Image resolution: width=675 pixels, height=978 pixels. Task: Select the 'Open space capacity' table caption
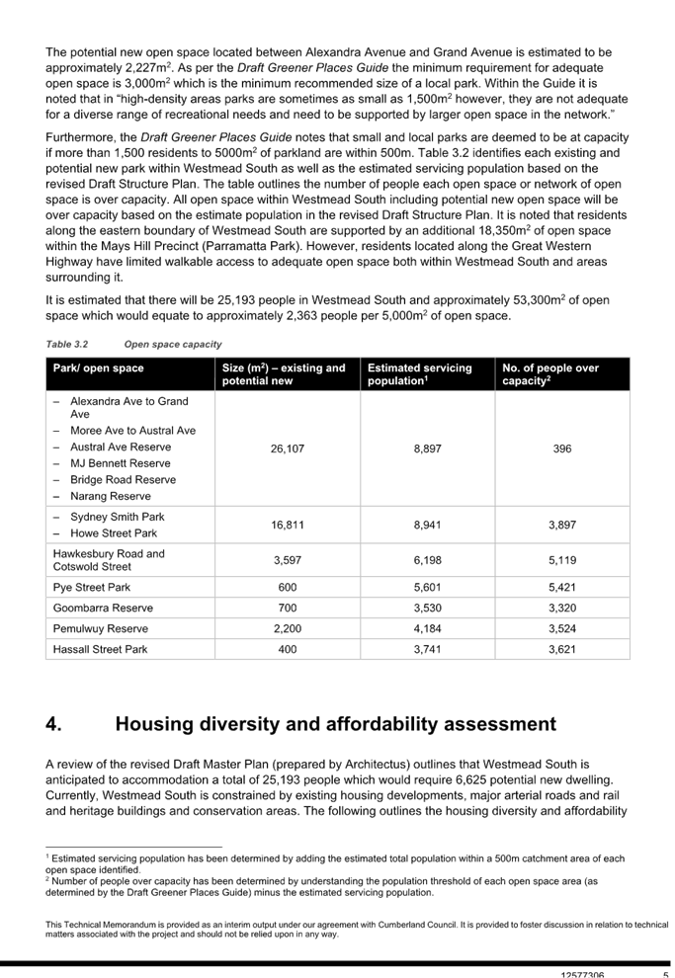tap(173, 344)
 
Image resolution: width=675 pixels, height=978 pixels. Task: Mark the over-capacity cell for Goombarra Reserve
tap(560, 608)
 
